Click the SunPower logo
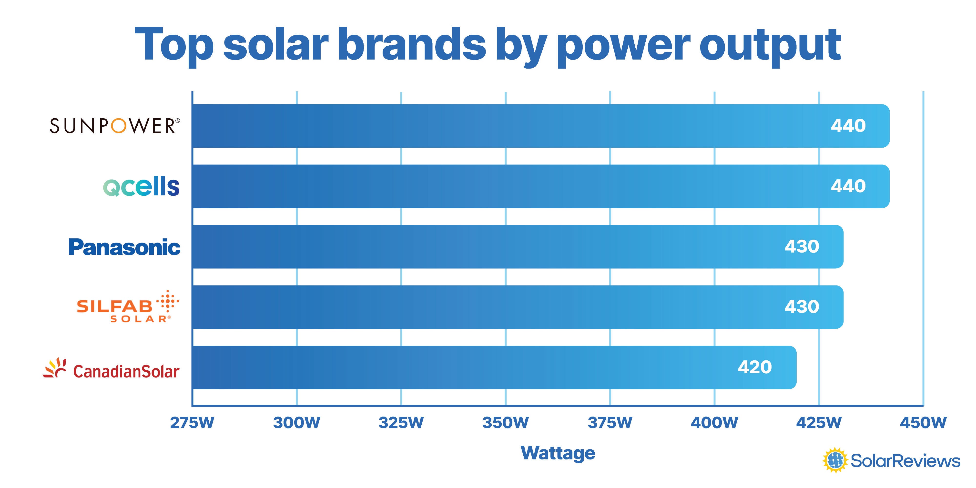[115, 126]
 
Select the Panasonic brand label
[124, 247]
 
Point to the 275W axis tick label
[192, 422]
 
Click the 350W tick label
[505, 422]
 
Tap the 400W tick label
[714, 422]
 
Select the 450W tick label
[923, 422]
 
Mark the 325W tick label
[401, 422]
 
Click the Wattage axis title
[558, 453]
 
